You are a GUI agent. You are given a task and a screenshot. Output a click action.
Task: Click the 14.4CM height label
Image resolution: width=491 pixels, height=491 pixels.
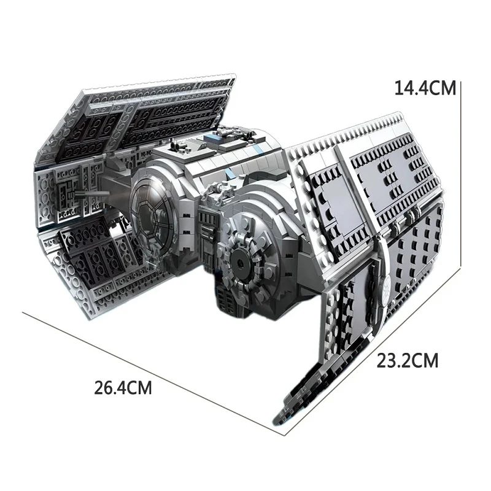click(425, 88)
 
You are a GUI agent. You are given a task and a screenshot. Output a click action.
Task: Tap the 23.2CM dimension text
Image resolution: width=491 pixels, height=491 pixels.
click(408, 360)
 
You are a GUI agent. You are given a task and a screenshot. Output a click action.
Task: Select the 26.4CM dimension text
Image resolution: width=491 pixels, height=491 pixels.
click(123, 388)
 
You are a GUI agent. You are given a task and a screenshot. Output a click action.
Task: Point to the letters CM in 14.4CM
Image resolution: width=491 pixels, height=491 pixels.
click(444, 88)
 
